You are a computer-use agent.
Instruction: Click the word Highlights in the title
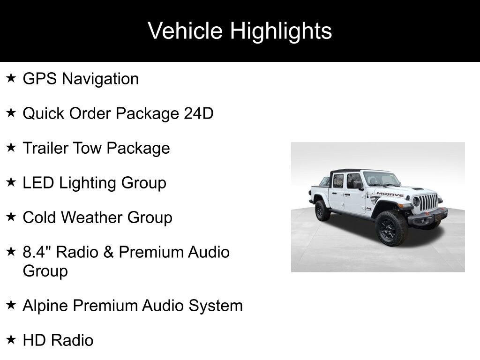coord(281,31)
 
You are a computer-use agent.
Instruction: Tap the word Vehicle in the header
coord(185,30)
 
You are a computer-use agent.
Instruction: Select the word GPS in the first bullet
coord(39,79)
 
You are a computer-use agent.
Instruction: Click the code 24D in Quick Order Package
coord(198,113)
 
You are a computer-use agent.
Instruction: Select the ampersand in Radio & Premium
coord(108,252)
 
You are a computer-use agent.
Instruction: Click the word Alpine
coord(45,306)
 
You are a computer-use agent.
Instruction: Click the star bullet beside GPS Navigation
coord(11,78)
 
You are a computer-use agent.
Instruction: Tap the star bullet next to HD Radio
coord(11,339)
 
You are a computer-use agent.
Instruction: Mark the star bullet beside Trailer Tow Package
coord(11,147)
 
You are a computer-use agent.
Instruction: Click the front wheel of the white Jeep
coord(391,228)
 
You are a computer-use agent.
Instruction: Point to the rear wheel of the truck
coord(322,210)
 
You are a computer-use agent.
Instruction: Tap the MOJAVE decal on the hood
coord(390,194)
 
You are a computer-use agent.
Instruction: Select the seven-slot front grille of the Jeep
coord(428,202)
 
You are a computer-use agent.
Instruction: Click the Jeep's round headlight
coord(416,202)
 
